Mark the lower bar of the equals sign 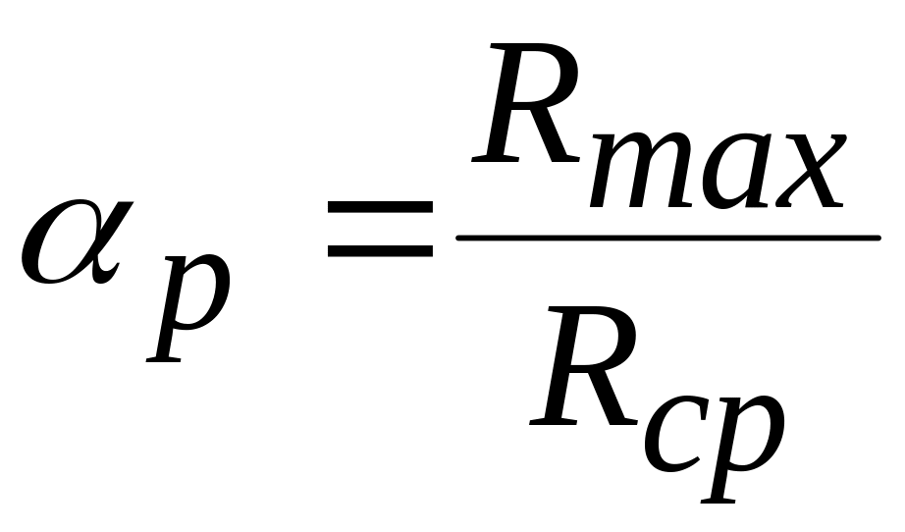click(379, 249)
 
